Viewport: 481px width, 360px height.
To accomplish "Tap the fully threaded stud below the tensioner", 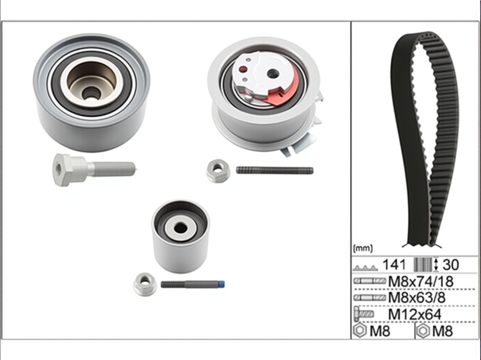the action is tap(275, 171).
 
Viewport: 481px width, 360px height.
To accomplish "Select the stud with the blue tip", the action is tap(193, 284).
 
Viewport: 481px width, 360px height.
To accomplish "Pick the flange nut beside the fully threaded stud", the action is tap(218, 171).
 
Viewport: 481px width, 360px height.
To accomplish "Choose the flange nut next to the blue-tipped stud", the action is tap(145, 284).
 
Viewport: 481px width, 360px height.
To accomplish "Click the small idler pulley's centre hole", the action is tap(181, 229).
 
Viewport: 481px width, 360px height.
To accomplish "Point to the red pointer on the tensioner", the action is tap(283, 88).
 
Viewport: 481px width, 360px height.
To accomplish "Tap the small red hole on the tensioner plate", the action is tap(243, 70).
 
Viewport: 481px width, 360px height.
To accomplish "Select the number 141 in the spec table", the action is tap(394, 265).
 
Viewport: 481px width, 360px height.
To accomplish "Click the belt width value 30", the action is tap(451, 265).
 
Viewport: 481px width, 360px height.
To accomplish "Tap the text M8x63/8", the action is tap(417, 297).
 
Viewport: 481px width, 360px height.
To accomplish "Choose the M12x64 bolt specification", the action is tap(415, 315).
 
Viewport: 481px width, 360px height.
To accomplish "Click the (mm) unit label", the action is tap(363, 248).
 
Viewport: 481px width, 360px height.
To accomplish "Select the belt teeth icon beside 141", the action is tap(365, 268).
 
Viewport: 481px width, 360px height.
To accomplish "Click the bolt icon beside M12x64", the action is tap(364, 314).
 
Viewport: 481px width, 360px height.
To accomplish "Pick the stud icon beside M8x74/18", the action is tap(370, 281).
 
